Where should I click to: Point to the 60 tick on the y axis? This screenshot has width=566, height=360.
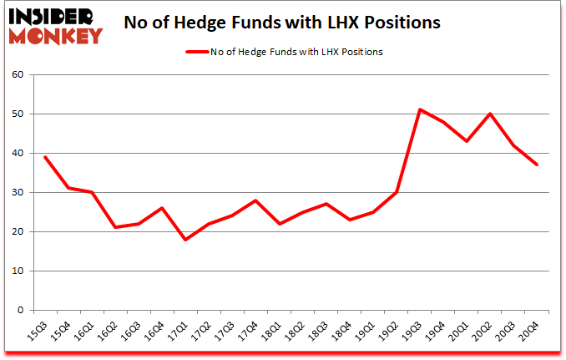pos(18,75)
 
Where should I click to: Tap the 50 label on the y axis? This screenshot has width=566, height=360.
pos(18,114)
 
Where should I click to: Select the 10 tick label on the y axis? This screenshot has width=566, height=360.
pos(18,271)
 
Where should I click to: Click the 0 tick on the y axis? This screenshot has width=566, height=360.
pos(21,310)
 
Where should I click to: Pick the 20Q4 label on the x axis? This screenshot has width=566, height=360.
pos(529,329)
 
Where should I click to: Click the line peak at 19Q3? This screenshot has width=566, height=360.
pos(419,109)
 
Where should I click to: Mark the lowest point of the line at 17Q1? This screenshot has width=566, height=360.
pos(185,240)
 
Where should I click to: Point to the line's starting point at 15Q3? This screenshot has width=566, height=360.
pos(45,157)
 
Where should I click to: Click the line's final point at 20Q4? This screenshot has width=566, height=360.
pos(536,165)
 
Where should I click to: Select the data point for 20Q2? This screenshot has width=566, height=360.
pos(489,114)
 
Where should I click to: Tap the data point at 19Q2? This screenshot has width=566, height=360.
pos(396,192)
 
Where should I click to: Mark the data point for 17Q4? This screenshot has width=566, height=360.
pos(255,200)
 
